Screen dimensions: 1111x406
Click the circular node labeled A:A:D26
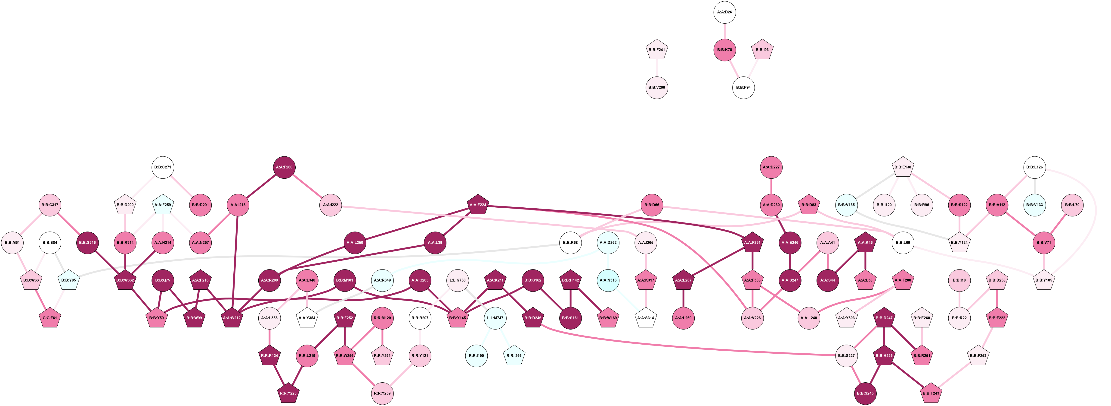pos(724,12)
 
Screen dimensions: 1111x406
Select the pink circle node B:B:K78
pos(724,50)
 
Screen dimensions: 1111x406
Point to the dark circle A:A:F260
pos(285,167)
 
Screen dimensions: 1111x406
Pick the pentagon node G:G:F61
pos(50,318)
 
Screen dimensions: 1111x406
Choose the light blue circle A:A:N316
pos(608,280)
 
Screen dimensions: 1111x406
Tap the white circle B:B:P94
pos(743,87)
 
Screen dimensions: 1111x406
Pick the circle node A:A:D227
pos(771,167)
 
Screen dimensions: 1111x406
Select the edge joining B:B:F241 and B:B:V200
pos(657,68)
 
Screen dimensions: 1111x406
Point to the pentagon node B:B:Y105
pos(1044,280)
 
